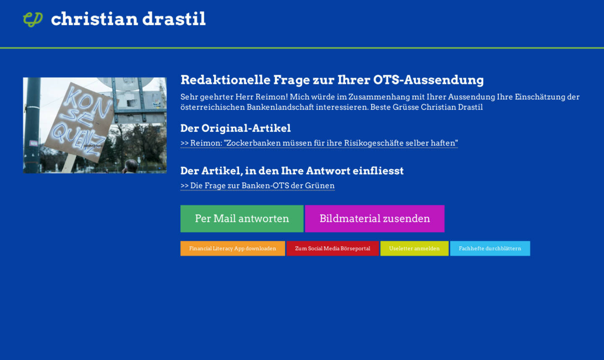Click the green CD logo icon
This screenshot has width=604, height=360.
(x=33, y=19)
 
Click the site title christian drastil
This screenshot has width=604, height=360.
(x=128, y=19)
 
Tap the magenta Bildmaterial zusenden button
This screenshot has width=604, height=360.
(x=375, y=219)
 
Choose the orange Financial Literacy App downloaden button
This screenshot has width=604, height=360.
(x=232, y=248)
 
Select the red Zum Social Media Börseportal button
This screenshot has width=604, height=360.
(x=333, y=248)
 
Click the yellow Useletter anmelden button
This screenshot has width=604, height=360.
(x=414, y=248)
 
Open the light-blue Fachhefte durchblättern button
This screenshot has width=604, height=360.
(x=490, y=248)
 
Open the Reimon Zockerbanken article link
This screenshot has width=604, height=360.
(x=319, y=143)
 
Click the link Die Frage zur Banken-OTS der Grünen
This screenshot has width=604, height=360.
(x=258, y=185)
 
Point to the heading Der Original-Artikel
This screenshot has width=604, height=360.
(x=235, y=128)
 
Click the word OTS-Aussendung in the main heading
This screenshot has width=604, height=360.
(x=428, y=80)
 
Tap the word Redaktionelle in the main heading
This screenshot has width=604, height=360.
(x=225, y=80)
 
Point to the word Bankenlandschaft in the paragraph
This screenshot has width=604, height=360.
(x=280, y=107)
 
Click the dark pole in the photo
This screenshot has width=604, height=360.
(x=32, y=125)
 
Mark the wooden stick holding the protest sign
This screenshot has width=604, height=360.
(x=69, y=163)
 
